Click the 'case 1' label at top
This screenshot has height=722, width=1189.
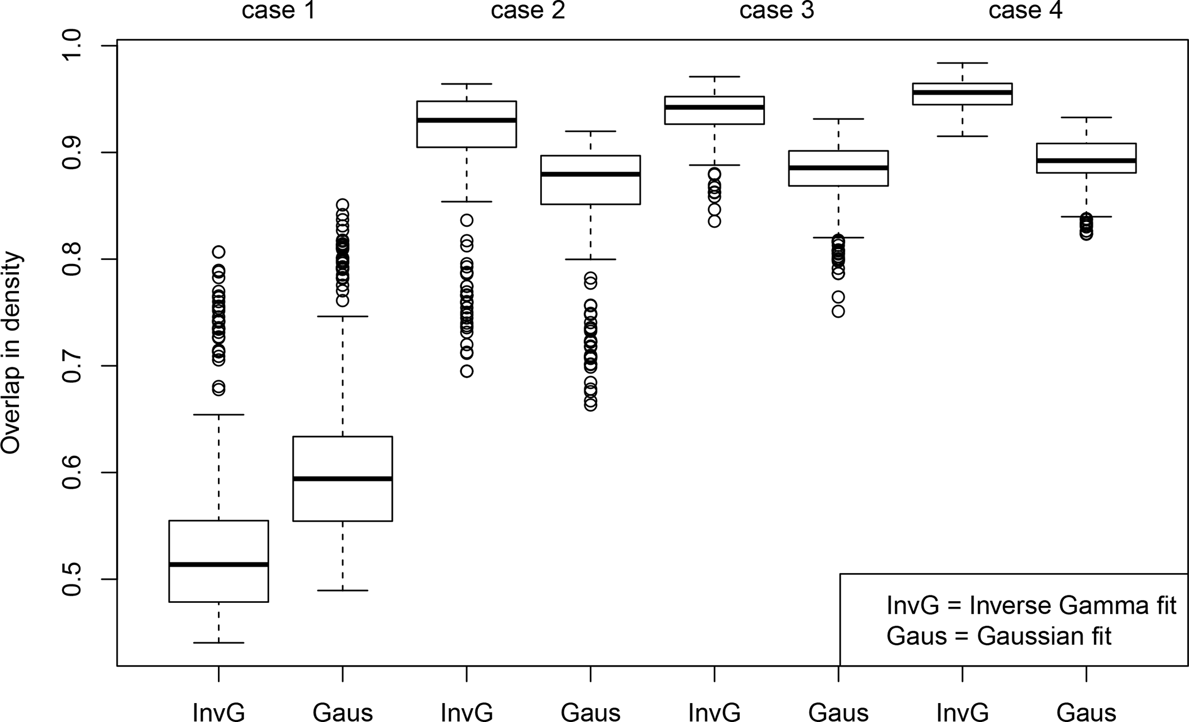click(x=278, y=11)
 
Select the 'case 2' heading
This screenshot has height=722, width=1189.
click(x=527, y=11)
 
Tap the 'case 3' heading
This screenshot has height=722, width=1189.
click(x=777, y=11)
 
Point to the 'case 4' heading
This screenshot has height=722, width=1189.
click(x=1025, y=11)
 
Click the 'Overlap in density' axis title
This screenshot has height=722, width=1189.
click(x=12, y=354)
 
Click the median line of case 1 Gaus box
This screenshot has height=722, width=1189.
click(x=343, y=479)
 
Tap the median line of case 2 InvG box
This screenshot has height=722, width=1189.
click(x=467, y=120)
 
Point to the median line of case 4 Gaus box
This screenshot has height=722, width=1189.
click(x=1086, y=161)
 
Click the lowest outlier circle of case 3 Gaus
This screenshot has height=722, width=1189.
click(x=838, y=311)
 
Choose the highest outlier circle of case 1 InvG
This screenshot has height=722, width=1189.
click(x=219, y=251)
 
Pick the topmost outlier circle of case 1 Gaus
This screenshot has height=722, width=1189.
click(x=343, y=205)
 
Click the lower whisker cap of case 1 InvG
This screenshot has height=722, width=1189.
click(x=219, y=643)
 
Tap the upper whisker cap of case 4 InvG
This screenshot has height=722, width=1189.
click(x=962, y=63)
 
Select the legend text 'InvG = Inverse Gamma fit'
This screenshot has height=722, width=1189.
click(x=1031, y=606)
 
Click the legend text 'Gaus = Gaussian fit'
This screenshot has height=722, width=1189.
click(x=999, y=636)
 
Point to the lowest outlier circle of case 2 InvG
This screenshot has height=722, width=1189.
click(x=467, y=371)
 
